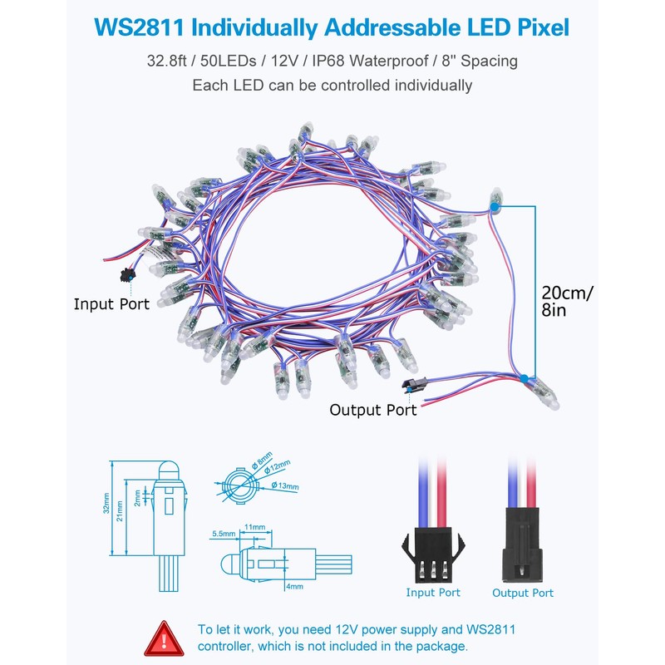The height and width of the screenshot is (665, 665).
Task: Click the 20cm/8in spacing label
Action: pos(568,302)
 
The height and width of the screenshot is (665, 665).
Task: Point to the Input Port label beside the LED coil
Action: pos(111,303)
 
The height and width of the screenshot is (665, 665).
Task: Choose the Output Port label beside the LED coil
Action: pos(373,409)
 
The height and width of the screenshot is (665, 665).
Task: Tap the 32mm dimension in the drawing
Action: pos(106,509)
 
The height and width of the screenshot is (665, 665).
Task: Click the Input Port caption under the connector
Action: pos(433,593)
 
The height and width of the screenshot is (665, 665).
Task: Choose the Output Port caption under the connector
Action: pos(523,593)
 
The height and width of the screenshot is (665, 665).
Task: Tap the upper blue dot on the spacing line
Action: pos(495,204)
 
